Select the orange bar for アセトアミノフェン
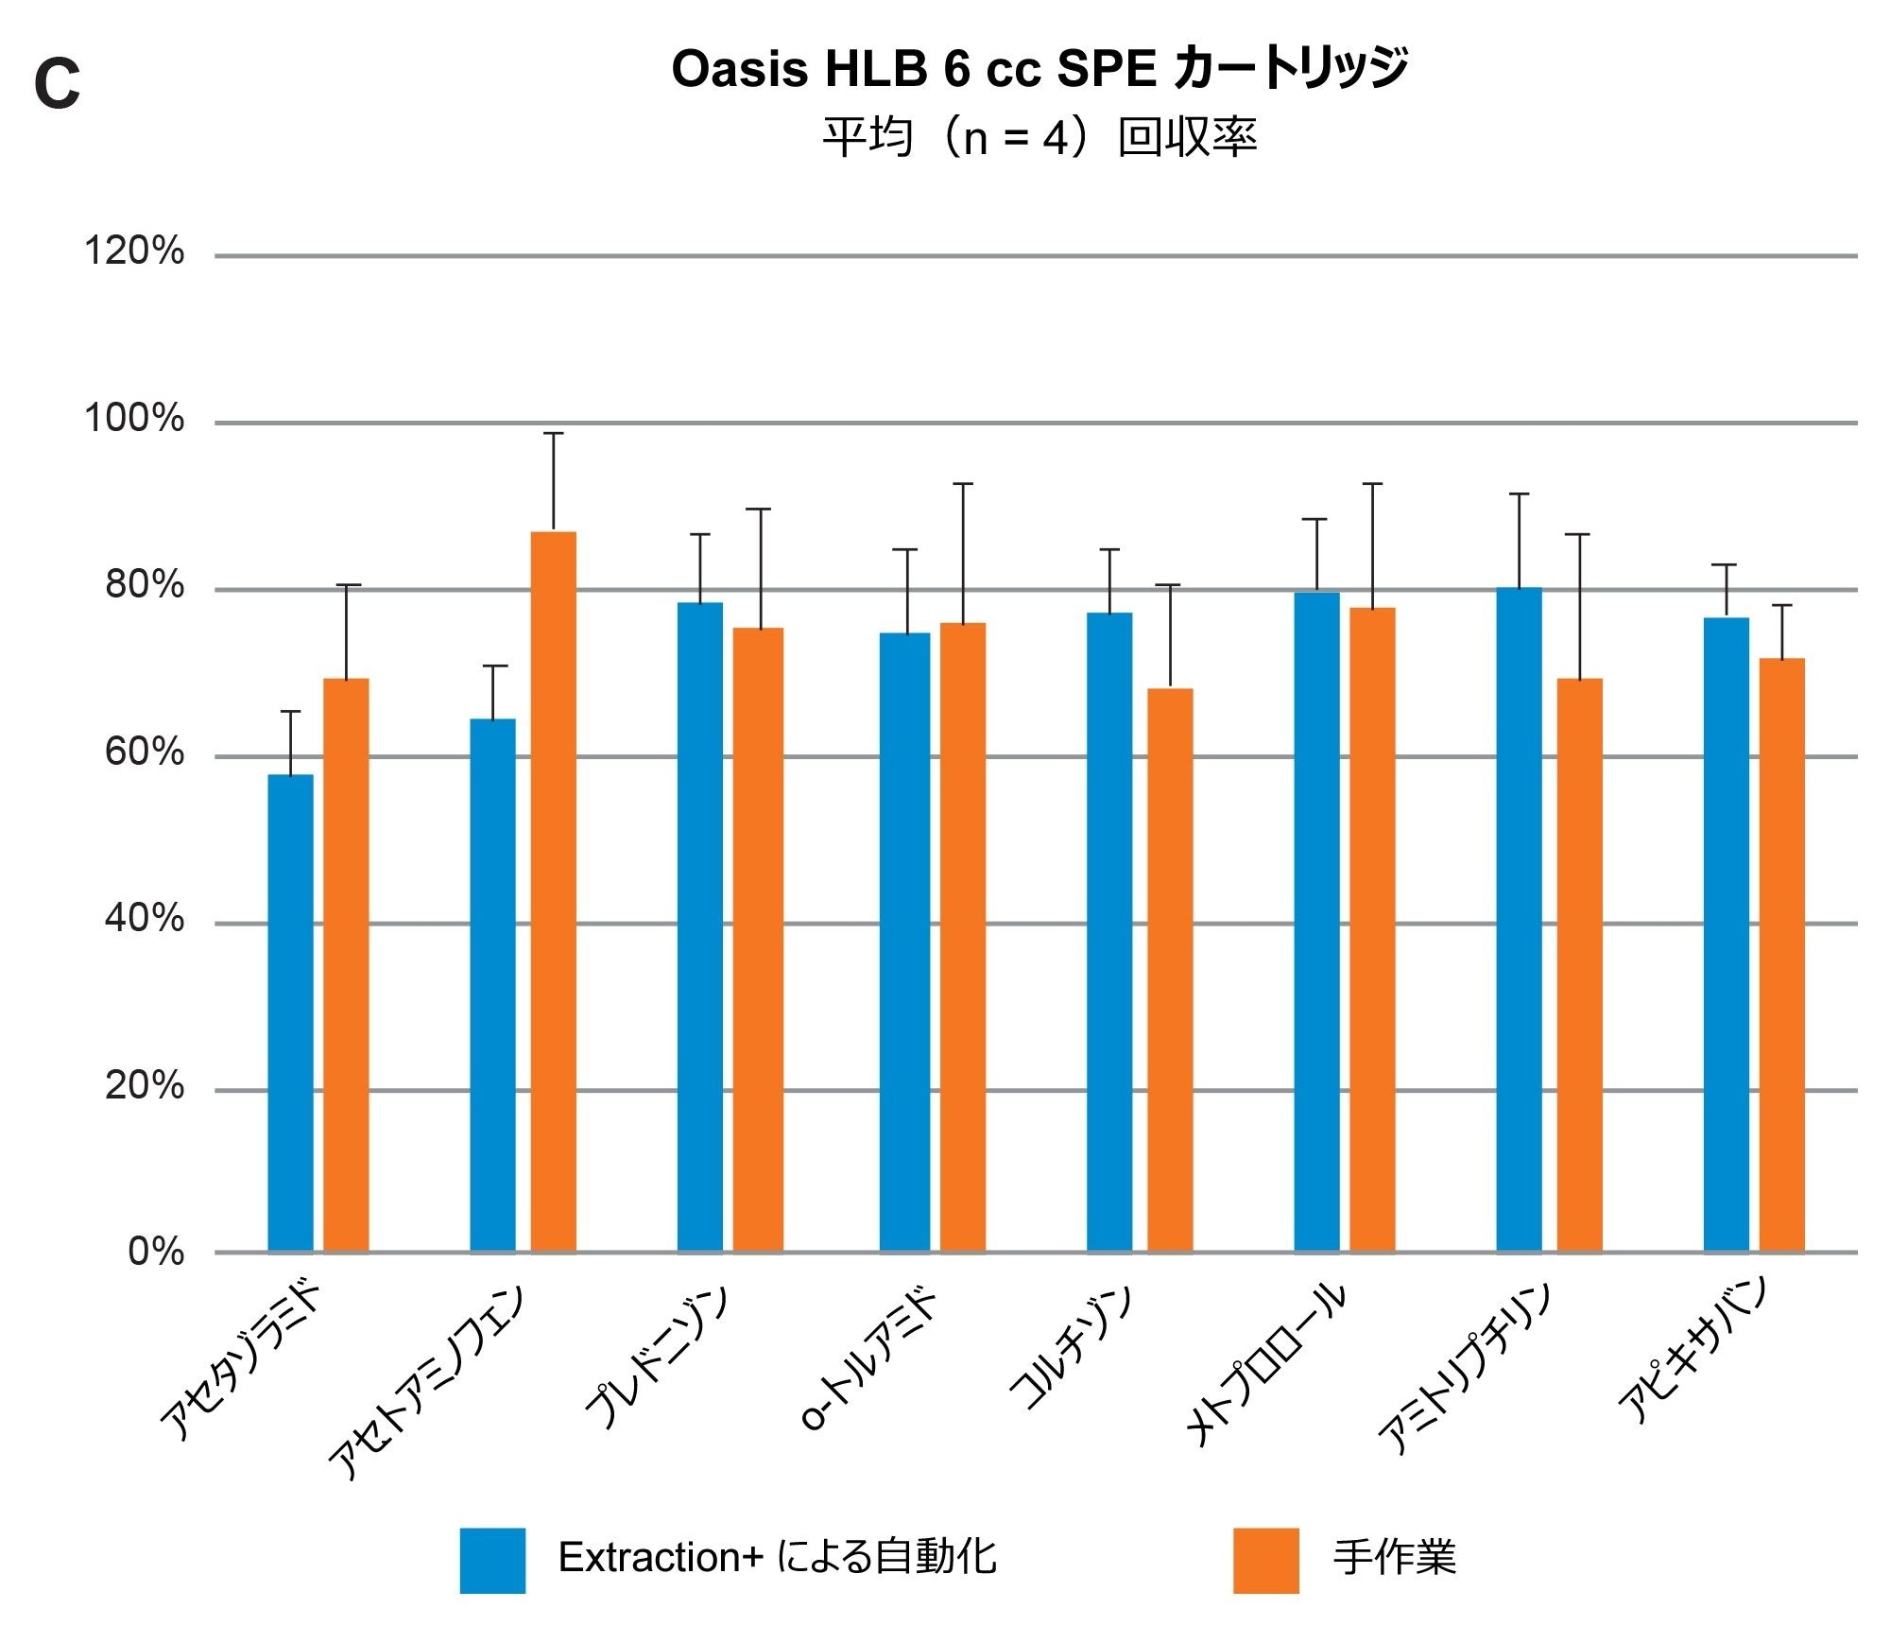[x=553, y=891]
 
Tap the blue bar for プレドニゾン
[x=700, y=926]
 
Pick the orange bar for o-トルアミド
[x=962, y=936]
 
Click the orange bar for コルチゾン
[x=1170, y=969]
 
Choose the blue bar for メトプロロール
[x=1316, y=921]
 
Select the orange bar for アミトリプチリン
[x=1579, y=964]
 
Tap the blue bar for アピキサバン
[x=1726, y=934]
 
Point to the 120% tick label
[x=134, y=251]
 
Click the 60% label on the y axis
[x=144, y=752]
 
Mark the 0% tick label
[x=156, y=1252]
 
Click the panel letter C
[x=57, y=83]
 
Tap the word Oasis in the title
[x=739, y=69]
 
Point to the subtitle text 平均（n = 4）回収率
[x=1039, y=138]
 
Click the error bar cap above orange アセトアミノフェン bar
[x=553, y=433]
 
